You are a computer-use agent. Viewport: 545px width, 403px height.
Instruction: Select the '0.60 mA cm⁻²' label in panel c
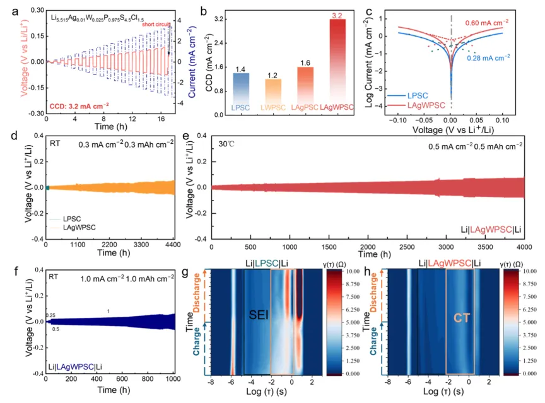[x=486, y=22]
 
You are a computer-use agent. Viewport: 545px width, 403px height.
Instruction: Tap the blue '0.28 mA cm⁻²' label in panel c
[x=488, y=57]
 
